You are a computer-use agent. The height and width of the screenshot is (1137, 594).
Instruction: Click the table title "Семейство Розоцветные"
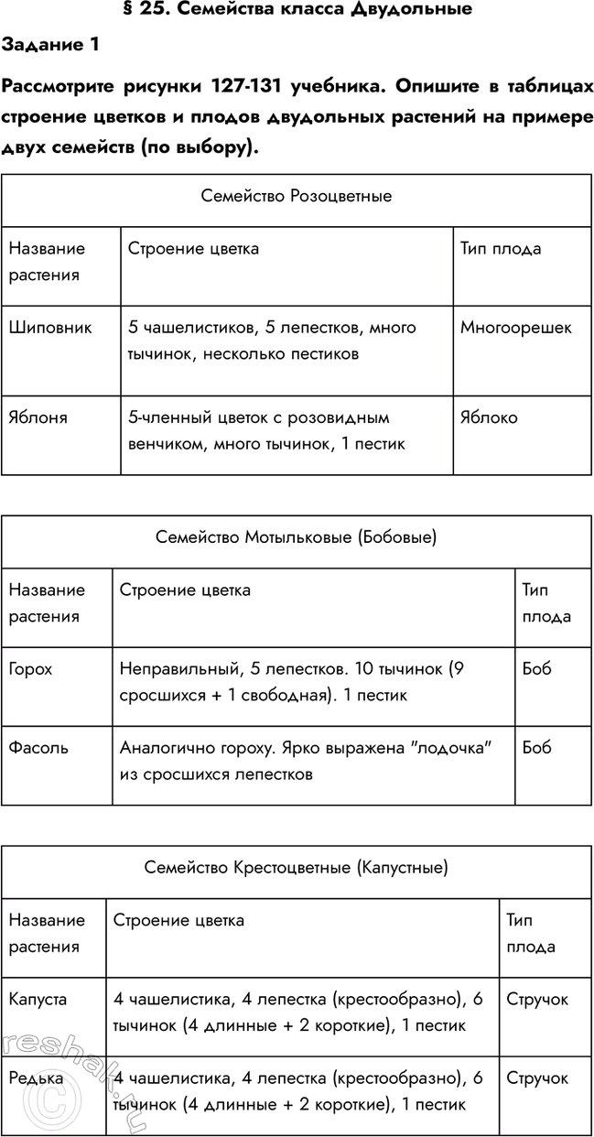point(296,196)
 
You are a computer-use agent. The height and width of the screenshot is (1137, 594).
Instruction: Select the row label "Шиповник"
point(50,327)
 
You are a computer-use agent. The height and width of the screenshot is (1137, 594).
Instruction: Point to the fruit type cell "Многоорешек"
point(516,327)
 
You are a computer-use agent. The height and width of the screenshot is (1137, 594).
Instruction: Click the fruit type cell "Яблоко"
point(489,417)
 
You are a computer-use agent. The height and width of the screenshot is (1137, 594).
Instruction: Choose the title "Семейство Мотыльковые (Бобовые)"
point(296,537)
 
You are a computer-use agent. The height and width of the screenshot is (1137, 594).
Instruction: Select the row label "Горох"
point(30,669)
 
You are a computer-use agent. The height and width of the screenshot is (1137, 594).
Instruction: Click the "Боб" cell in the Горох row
point(536,669)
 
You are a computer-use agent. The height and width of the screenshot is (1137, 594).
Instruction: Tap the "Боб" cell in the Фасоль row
point(536,748)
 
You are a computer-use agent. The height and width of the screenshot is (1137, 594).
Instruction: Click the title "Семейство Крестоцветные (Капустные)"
point(296,867)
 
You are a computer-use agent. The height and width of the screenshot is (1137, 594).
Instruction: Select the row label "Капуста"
point(38,1000)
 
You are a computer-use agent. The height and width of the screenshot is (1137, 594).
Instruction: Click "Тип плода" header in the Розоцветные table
point(501,248)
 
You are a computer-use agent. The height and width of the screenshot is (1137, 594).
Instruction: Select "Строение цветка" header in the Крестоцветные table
point(178,920)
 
